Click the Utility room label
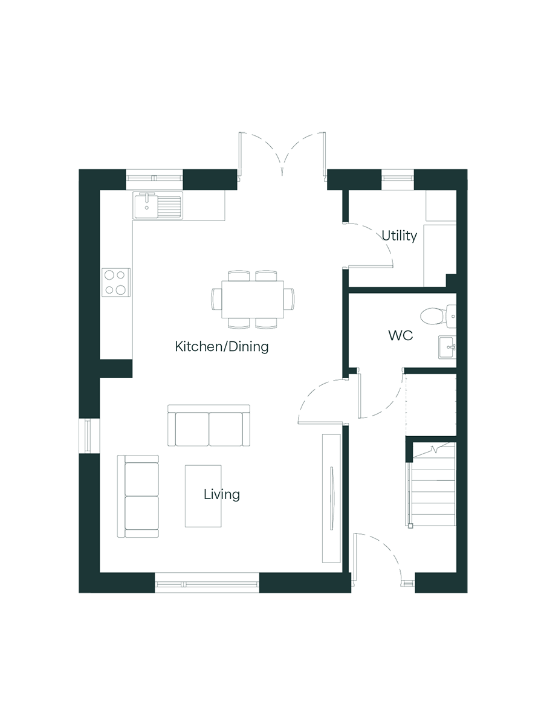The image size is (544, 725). [399, 236]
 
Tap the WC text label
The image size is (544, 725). [401, 335]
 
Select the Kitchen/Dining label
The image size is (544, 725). [222, 346]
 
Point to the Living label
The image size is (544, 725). [222, 494]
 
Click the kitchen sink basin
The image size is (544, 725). [146, 205]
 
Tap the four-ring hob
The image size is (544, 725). [115, 282]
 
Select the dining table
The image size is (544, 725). [253, 299]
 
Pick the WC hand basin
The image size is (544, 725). [447, 347]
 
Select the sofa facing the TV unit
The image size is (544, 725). [209, 425]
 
